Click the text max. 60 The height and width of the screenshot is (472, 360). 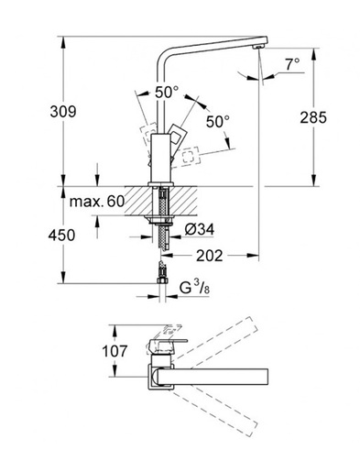coord(96,198)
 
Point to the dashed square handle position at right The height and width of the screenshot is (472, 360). coord(191,157)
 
